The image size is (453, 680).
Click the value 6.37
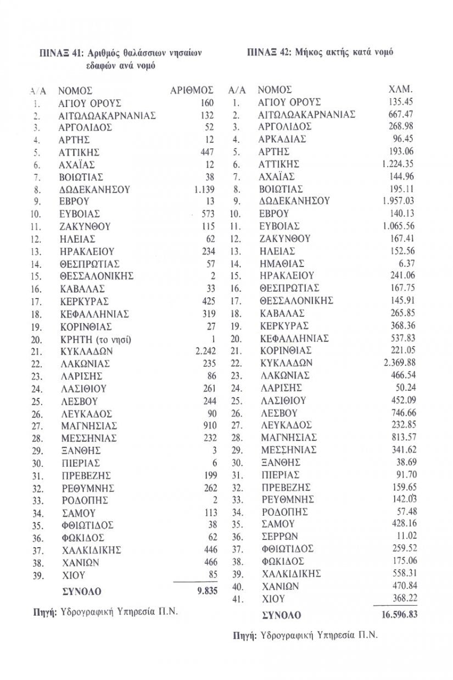(406, 264)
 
